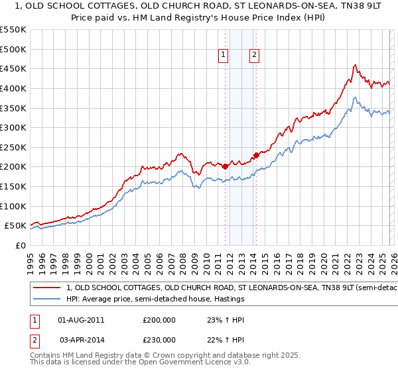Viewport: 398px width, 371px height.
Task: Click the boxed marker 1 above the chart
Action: [x=223, y=56]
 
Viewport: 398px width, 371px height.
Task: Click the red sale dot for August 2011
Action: [x=225, y=167]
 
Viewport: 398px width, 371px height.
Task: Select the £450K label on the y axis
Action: [x=13, y=68]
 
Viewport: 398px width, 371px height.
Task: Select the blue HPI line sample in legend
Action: [x=46, y=299]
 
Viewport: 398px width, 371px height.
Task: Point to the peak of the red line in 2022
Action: [x=356, y=65]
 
